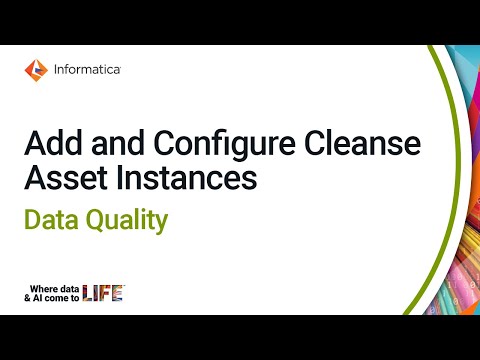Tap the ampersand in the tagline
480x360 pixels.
(27, 298)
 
